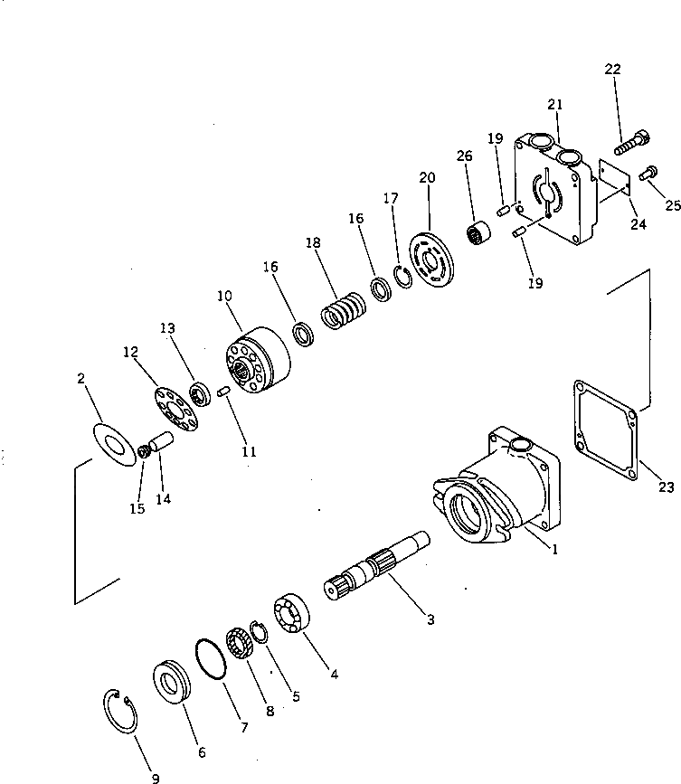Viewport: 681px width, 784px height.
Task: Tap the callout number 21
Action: click(x=554, y=107)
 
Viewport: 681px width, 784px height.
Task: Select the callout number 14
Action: click(x=165, y=498)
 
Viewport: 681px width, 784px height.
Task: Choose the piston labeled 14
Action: click(x=160, y=445)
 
